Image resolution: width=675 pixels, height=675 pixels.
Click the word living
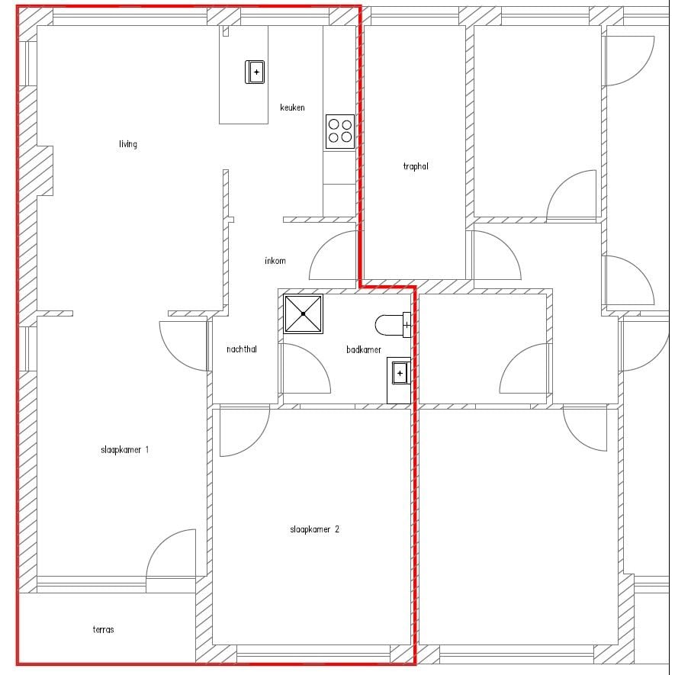coord(128,144)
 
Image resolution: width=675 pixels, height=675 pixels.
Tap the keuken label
coord(292,108)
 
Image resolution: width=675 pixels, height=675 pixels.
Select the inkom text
coord(275,260)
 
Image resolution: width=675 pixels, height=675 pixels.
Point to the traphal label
coord(416,166)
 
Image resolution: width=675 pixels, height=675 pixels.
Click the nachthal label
coord(242,349)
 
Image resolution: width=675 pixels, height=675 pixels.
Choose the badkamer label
coord(364,349)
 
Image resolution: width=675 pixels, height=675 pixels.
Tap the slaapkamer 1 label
coord(124,450)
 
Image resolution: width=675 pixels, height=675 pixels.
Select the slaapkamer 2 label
coord(315,529)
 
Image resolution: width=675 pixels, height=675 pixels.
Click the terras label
coord(103,629)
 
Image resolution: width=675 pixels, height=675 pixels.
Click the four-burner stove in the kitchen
coord(340,131)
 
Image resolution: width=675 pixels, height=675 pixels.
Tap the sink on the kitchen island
coord(255,72)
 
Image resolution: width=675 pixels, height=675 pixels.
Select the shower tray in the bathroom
coord(303,313)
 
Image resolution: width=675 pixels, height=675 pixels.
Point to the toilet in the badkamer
coord(393,325)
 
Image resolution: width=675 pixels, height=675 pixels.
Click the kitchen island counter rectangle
coord(243,75)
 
